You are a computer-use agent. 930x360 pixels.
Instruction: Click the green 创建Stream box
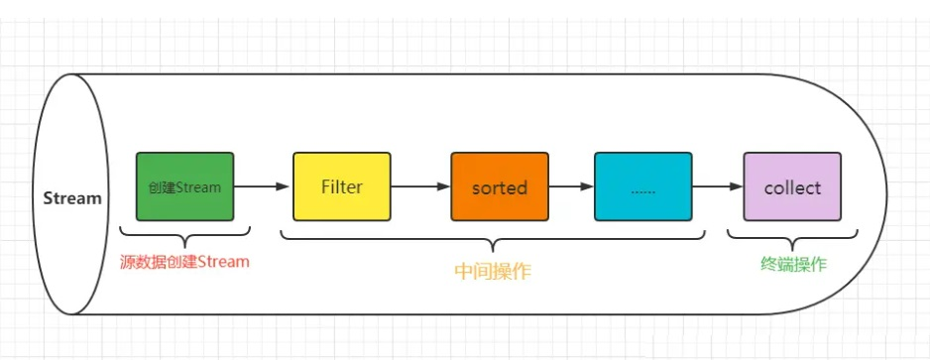[185, 186]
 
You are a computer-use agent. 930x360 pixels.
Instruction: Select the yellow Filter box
[342, 186]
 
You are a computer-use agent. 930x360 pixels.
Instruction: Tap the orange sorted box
[499, 186]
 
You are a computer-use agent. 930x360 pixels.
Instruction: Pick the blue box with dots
[642, 186]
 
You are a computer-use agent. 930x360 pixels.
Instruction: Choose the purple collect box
[792, 186]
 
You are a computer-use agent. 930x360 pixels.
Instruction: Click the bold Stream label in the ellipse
[72, 197]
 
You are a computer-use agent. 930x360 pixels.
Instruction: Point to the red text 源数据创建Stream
[184, 262]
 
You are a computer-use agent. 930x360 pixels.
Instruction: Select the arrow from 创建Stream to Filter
[263, 186]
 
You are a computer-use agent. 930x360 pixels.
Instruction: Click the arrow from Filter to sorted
[420, 186]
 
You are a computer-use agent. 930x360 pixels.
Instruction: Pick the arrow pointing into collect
[717, 186]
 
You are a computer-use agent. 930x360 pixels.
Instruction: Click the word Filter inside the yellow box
[342, 186]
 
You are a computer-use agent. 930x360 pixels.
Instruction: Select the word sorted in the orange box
[499, 186]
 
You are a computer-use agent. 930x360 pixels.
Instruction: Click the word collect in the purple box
[792, 186]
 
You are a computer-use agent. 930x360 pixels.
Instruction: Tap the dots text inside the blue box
[642, 188]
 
